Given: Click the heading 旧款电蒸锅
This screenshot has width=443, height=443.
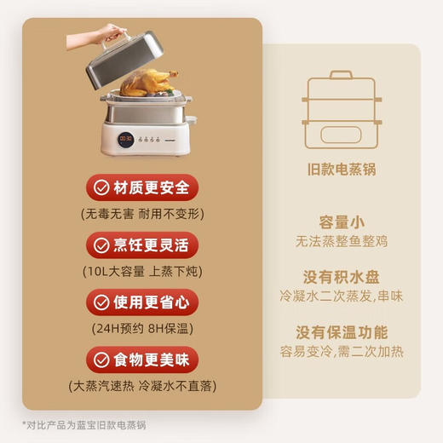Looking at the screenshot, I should (340, 169).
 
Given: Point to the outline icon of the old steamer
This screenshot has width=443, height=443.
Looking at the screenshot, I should (340, 108).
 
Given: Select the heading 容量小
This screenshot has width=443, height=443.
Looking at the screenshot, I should (340, 221).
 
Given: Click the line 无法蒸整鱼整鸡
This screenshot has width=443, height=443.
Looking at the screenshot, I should (340, 241).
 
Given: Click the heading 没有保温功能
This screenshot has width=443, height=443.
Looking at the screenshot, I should (340, 332).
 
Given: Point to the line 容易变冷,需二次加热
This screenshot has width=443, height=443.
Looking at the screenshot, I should (340, 352).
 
